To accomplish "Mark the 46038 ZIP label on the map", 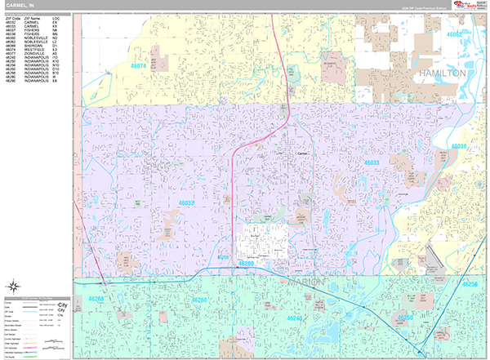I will [x=459, y=147].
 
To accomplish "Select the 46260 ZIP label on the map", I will [x=200, y=300].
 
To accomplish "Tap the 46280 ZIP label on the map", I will [x=247, y=264].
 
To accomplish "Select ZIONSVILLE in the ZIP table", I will [x=38, y=62].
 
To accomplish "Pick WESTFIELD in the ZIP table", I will [x=38, y=59].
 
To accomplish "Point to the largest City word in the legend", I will [x=62, y=304].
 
